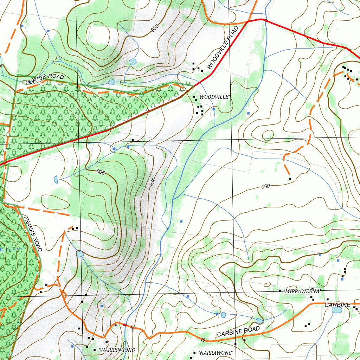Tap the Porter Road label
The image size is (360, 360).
[45, 79]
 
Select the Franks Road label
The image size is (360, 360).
[32, 234]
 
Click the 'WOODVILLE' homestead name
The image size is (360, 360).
[214, 97]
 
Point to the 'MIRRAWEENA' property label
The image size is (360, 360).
[303, 291]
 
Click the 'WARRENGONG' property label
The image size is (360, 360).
[117, 350]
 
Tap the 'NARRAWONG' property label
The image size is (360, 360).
[216, 353]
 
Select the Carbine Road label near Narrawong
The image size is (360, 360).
[238, 331]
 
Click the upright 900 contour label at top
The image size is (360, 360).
[155, 28]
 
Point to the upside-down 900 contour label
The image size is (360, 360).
[101, 172]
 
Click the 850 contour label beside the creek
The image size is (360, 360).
[153, 182]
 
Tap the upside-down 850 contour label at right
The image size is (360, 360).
[265, 186]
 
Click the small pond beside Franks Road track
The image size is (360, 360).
[80, 254]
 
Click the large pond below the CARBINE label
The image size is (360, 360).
[336, 310]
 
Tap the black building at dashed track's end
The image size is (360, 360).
[290, 179]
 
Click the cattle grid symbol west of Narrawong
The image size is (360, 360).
[203, 339]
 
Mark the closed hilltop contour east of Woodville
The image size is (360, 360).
[268, 135]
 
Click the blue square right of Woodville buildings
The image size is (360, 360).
[213, 109]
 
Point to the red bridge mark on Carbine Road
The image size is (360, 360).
[125, 324]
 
